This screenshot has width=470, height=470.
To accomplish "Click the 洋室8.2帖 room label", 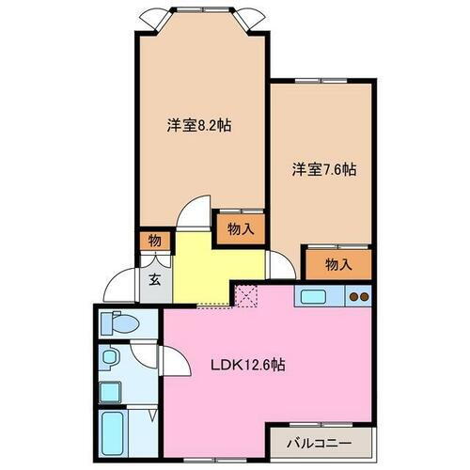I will click(199, 125).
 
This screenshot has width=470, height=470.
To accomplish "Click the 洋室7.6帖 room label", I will click(322, 169).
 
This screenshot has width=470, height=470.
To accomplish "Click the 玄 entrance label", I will click(153, 279).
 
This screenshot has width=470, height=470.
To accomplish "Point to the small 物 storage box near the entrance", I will click(154, 242).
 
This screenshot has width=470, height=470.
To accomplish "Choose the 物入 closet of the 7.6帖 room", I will click(338, 264).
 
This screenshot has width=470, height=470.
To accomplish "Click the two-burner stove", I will click(359, 297).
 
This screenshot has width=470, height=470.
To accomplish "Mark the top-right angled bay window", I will click(248, 17).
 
